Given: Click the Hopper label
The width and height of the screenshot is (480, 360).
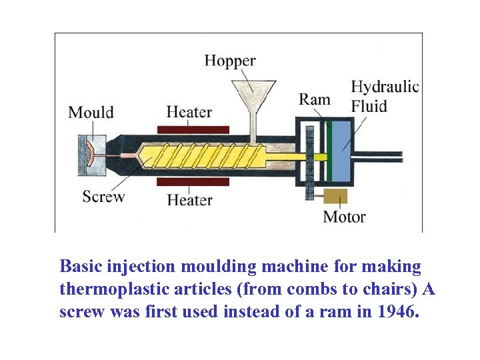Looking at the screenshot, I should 229,61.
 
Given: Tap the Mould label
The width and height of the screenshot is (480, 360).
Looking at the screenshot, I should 91,112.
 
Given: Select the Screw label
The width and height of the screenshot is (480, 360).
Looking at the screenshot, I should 103,197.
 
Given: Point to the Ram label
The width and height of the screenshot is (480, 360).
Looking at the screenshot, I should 315,100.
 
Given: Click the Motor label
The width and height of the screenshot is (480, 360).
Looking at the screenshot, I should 344,217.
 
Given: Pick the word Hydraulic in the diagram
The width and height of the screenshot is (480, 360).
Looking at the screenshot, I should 385,87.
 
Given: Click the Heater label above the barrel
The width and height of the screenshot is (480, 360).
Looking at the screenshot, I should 189,112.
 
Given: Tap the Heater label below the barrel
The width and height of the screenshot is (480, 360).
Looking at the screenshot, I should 189,199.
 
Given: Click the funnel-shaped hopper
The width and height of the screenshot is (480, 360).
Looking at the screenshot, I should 253,93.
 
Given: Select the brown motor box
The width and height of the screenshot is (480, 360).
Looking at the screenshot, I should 335,196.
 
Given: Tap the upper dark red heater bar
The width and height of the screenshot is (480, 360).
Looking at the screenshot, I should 193,129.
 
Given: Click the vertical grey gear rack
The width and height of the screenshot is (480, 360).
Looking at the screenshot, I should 309,164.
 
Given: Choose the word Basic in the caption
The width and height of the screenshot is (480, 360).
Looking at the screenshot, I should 79,267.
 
